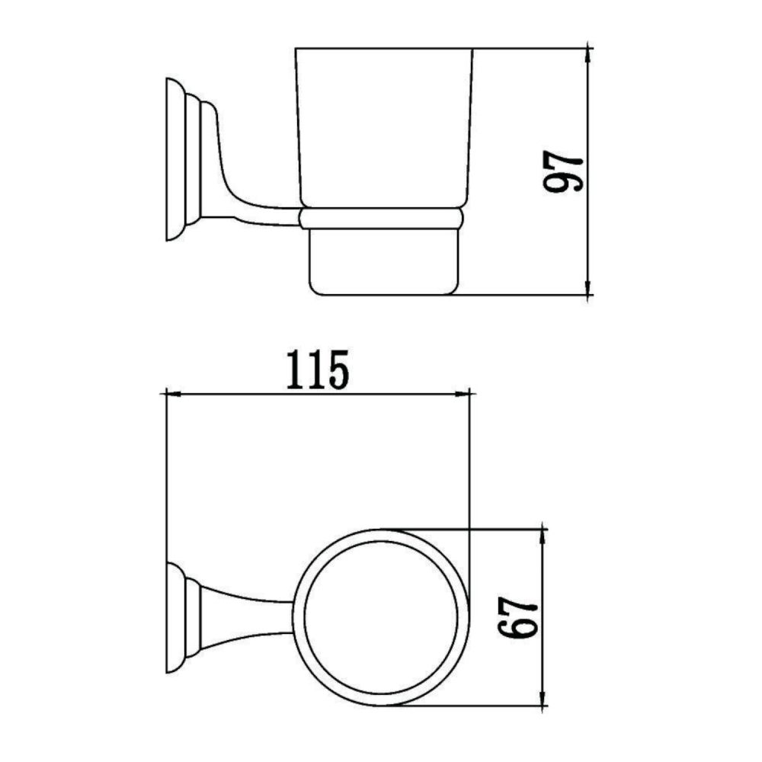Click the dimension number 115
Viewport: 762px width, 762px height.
(318, 370)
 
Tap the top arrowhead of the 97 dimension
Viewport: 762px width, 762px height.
(588, 56)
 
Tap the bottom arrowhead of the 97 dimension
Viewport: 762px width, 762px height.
(588, 287)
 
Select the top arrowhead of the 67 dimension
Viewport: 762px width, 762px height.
(543, 536)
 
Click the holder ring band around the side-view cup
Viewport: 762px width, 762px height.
(381, 218)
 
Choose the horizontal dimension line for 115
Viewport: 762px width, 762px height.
(251, 394)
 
